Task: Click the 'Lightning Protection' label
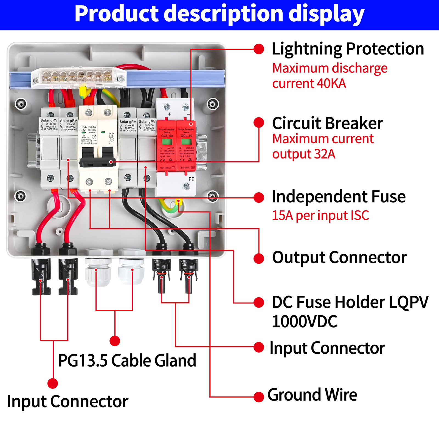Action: click(348, 49)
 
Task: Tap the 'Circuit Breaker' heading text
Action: click(327, 123)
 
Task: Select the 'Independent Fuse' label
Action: click(338, 197)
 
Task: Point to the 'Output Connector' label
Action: click(339, 258)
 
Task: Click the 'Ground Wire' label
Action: click(312, 395)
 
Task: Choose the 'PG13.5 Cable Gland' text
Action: click(127, 361)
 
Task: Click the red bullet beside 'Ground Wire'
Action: click(258, 397)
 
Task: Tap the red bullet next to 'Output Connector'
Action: click(258, 258)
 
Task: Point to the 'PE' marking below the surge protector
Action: click(191, 179)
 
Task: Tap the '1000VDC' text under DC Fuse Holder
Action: click(305, 322)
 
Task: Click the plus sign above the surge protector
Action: click(170, 114)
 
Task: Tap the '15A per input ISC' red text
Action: click(320, 215)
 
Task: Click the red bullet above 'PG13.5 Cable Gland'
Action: click(115, 341)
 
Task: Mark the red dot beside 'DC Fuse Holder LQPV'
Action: click(258, 303)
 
